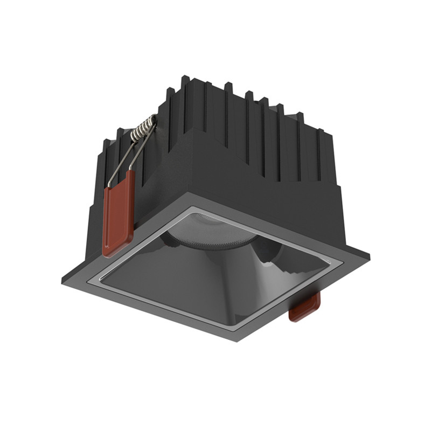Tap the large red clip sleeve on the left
[x=117, y=212]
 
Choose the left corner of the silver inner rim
[x=98, y=279]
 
